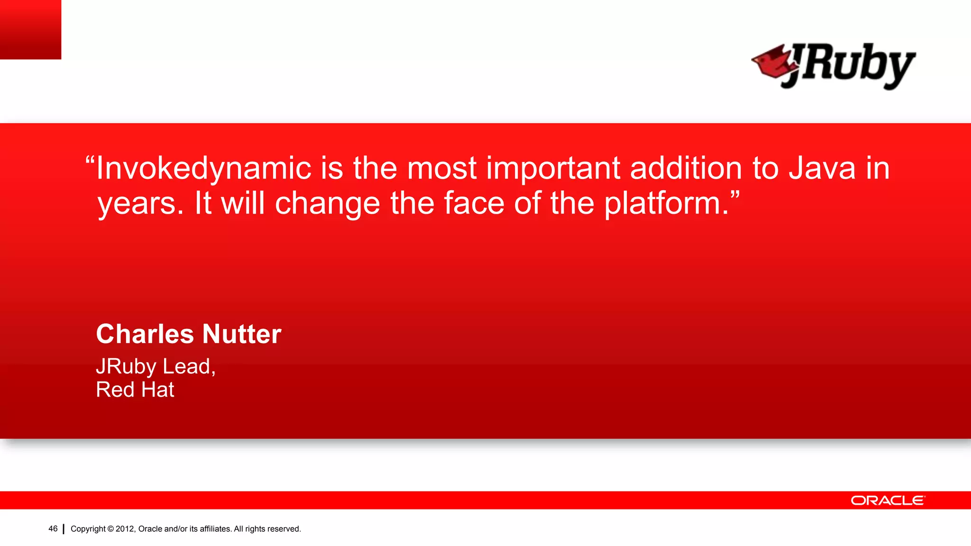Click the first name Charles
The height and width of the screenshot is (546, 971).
click(x=144, y=334)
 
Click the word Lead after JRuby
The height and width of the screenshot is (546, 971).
click(x=188, y=366)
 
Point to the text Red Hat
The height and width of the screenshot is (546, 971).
click(x=135, y=390)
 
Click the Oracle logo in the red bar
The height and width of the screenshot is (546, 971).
click(x=888, y=500)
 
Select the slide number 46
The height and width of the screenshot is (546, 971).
click(x=53, y=528)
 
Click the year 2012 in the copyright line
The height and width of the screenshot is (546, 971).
click(x=125, y=529)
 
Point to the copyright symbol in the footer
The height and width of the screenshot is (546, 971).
click(x=110, y=529)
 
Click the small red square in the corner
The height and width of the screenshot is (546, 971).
click(x=30, y=29)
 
